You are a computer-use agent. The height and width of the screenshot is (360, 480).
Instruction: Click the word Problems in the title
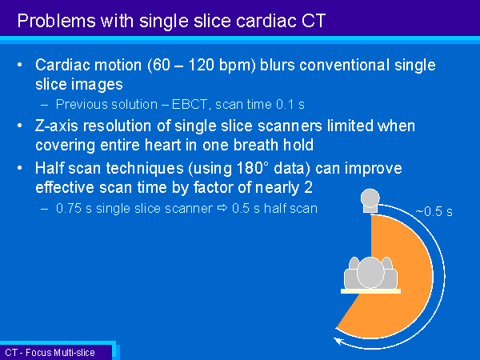coord(57,22)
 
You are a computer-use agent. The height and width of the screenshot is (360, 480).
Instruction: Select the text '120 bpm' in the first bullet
coord(222,66)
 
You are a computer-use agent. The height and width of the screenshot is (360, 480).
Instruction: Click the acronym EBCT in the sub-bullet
coord(190,104)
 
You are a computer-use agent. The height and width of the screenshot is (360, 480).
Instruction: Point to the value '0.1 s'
coord(290,104)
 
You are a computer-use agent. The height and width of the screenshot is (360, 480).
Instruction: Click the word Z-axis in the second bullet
coord(57,126)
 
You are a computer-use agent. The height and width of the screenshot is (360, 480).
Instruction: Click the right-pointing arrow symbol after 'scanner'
coord(222,208)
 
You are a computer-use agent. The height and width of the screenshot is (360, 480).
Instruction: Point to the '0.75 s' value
coord(74,208)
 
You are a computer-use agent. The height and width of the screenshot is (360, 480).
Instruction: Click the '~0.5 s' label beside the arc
coord(434,211)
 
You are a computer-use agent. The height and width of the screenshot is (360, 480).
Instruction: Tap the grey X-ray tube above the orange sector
coord(370,201)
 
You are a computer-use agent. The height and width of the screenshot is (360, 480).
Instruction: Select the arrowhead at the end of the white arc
coord(338,341)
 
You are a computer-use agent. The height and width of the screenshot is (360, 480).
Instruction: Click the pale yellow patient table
coord(370,291)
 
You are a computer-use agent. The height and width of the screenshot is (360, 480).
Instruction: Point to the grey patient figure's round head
coord(370,273)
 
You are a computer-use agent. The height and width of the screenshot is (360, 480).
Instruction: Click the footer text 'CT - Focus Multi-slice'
coord(50,353)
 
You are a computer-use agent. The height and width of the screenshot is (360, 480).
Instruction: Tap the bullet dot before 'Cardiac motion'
coord(20,65)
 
